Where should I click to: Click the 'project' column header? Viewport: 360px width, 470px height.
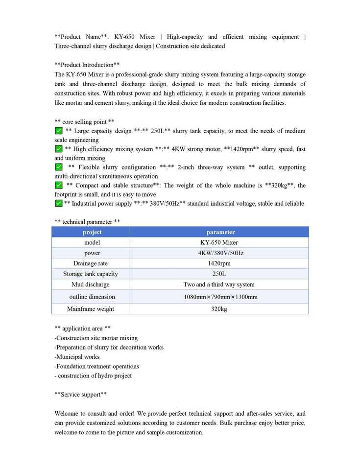tap(92, 232)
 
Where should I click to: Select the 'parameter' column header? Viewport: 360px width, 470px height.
tap(220, 232)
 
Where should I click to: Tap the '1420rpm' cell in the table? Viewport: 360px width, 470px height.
tap(219, 263)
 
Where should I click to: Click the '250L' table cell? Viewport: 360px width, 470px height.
tap(219, 274)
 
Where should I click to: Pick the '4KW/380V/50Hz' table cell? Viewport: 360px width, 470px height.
tap(220, 253)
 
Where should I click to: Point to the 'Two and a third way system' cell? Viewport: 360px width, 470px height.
tap(219, 284)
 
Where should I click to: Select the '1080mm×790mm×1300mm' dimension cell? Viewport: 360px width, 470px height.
tap(220, 297)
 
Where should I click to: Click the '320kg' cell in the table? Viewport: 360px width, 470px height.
tap(219, 309)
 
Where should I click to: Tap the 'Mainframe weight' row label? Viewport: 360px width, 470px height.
tap(91, 309)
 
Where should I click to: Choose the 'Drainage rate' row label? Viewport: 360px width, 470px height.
tap(91, 263)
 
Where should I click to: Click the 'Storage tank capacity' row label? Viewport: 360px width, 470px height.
tap(91, 274)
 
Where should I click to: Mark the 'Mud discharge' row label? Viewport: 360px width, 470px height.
tap(91, 284)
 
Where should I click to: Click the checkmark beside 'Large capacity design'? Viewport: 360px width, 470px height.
tap(58, 131)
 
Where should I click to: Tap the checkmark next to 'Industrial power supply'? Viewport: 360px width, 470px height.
tap(58, 203)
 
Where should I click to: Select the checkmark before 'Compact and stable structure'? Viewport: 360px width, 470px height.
tap(58, 185)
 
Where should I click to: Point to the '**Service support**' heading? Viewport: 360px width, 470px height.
tap(81, 394)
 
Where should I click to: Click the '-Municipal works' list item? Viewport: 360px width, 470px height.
tap(77, 357)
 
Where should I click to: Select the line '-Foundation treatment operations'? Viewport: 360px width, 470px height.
tap(96, 366)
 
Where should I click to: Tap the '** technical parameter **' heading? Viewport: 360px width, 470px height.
tap(87, 222)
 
